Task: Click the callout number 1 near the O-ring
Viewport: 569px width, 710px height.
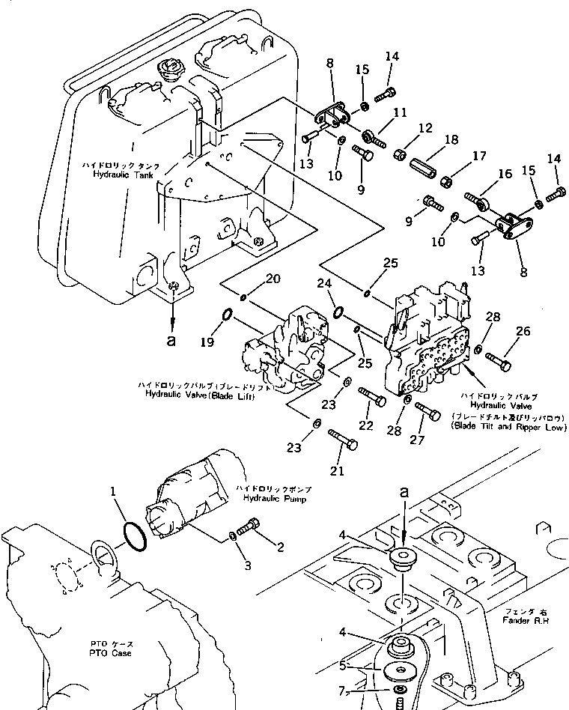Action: click(x=113, y=494)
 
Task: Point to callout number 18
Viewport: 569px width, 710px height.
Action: click(x=452, y=140)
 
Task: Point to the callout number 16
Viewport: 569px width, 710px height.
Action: click(x=505, y=174)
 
